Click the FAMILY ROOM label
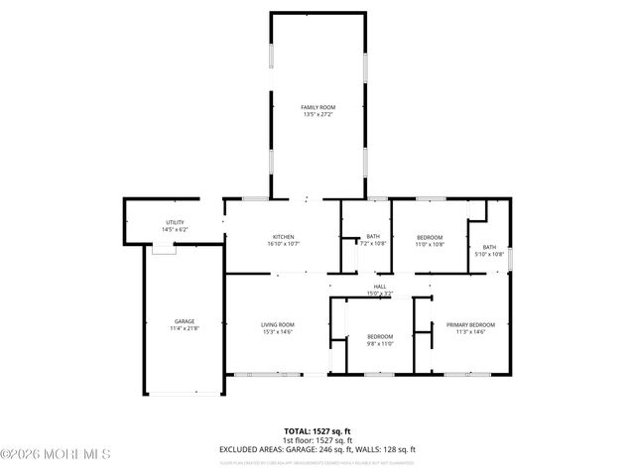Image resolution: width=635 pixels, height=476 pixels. coord(317,106)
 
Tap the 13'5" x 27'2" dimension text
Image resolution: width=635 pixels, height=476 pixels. coord(317,114)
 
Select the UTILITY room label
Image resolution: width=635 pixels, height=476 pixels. coord(175,222)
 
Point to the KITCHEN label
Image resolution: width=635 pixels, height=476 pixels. coord(284,236)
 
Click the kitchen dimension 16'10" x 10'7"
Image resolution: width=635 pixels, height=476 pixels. coord(284,244)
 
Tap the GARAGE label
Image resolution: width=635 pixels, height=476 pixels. coord(185,321)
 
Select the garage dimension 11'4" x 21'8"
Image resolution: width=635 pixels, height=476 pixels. coord(185,328)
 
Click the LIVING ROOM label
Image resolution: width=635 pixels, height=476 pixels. coord(278,324)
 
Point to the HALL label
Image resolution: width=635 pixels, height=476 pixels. coord(380,286)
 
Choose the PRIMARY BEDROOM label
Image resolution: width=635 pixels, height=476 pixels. coord(470,324)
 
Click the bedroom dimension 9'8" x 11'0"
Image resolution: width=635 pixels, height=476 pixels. coord(380,343)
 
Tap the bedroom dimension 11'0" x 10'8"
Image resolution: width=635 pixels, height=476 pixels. coord(430,244)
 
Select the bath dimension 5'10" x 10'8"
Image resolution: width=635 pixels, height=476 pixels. coord(490,255)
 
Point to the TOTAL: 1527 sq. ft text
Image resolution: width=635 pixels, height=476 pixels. coord(317,431)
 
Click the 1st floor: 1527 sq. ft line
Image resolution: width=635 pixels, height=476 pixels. coord(317,440)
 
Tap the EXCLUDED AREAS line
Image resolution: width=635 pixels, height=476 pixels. coord(317,449)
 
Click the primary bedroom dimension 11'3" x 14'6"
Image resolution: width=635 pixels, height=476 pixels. coord(470,332)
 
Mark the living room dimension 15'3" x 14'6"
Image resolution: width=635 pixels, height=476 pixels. coord(278,332)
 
